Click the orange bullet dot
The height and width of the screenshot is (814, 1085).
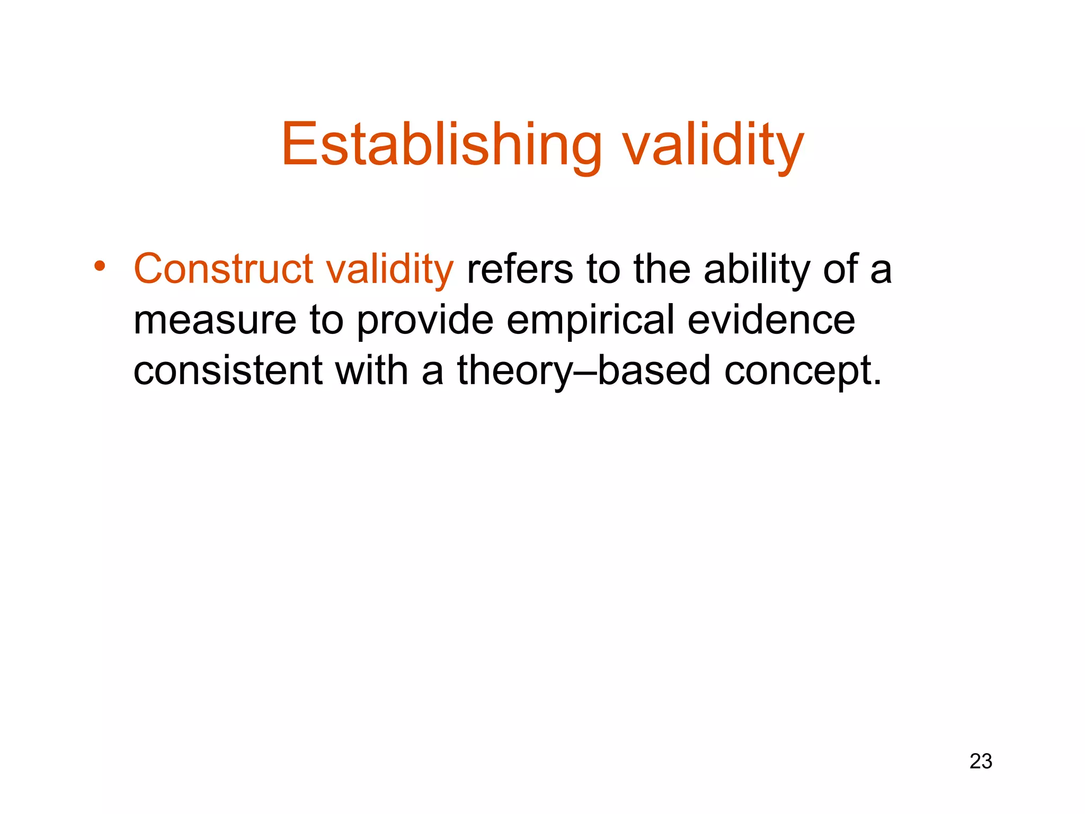click(x=99, y=266)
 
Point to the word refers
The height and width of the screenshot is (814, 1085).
click(x=520, y=269)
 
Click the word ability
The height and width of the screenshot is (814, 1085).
click(x=757, y=269)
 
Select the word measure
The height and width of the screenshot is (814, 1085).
click(x=215, y=320)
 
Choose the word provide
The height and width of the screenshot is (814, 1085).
click(x=425, y=320)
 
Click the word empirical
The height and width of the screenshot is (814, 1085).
click(x=590, y=320)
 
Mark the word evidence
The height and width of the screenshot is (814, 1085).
click(x=771, y=320)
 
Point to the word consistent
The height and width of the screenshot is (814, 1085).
click(x=228, y=370)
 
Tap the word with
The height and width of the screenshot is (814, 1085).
click(x=371, y=370)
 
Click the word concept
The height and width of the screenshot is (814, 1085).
click(x=795, y=370)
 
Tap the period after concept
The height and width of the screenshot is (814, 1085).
click(x=876, y=382)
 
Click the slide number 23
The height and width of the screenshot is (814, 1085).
click(x=981, y=762)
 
